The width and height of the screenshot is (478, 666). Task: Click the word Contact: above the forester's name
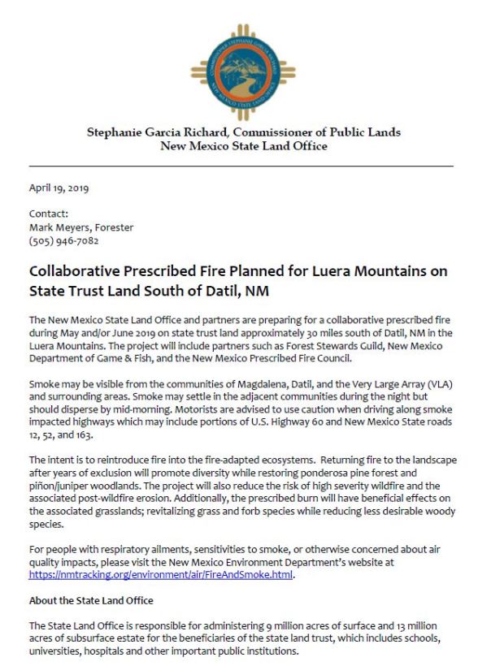tap(48, 215)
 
